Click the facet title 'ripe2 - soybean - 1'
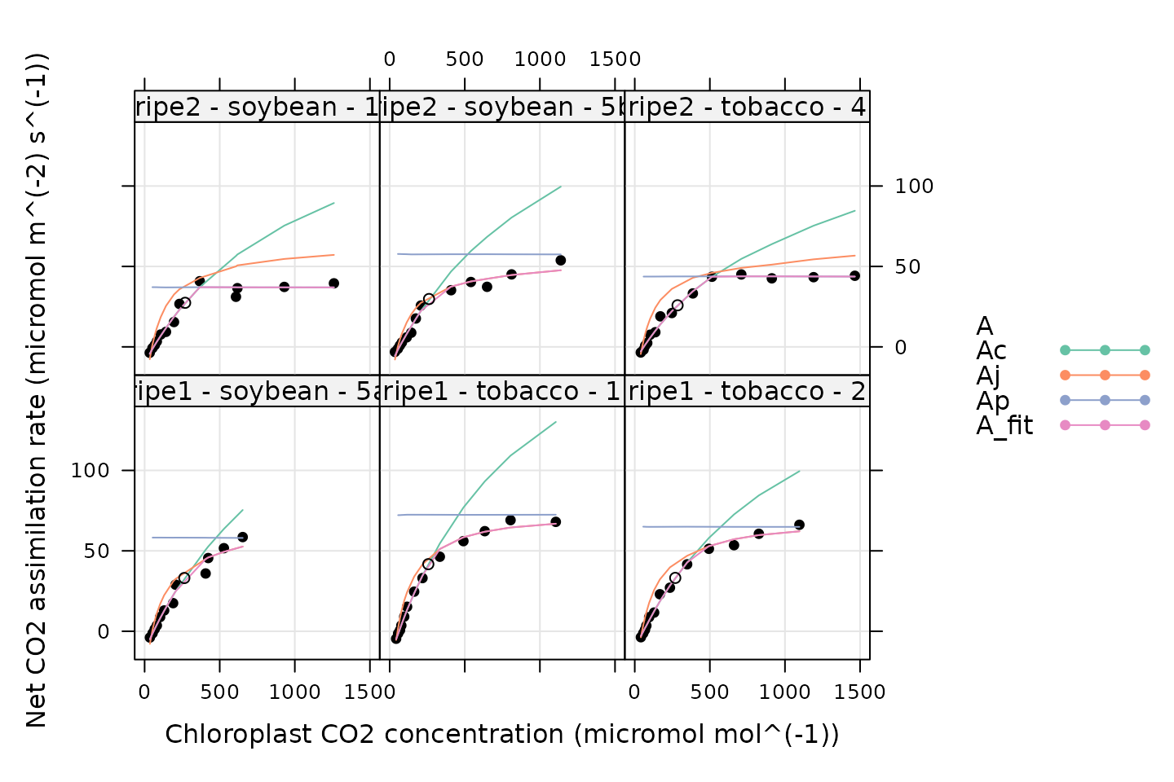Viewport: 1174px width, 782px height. coord(257,107)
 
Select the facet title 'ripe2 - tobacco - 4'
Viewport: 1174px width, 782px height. coord(747,107)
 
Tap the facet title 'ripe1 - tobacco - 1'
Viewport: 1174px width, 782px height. coord(501,391)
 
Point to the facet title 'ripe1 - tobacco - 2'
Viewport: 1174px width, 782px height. coord(747,391)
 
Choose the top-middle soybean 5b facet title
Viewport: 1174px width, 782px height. coord(501,107)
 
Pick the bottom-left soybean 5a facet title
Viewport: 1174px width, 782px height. coord(257,391)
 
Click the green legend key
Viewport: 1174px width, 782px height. coord(1105,350)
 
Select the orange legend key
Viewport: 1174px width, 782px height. coord(1105,376)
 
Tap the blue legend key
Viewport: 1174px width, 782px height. coord(1105,400)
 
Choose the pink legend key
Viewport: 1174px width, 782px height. coord(1105,425)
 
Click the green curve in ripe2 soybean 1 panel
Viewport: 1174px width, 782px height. coord(285,225)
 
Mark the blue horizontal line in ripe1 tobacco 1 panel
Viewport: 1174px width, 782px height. coord(505,514)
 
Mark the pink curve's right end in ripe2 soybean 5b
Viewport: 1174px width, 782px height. coord(560,270)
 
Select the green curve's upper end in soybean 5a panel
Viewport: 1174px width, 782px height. coord(242,511)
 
